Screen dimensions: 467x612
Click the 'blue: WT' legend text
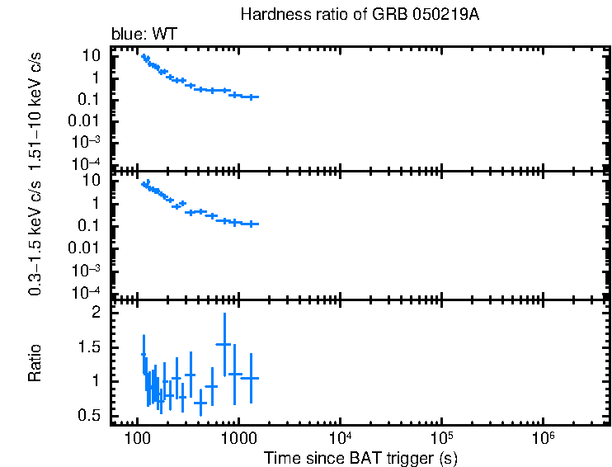(x=144, y=35)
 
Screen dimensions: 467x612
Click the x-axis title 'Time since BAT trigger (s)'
(x=360, y=457)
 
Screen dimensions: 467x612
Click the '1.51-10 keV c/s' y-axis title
(x=36, y=109)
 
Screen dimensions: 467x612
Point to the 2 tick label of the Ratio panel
(x=97, y=313)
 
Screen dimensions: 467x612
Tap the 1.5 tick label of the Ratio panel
(x=91, y=347)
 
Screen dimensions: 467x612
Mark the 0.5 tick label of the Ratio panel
(x=91, y=415)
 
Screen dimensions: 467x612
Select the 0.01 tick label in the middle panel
(x=86, y=248)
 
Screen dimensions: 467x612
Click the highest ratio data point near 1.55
(x=224, y=344)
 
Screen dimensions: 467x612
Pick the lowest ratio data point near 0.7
(x=200, y=402)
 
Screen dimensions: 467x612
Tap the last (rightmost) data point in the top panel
(x=252, y=97)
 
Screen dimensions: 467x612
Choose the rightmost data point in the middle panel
(x=252, y=224)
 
